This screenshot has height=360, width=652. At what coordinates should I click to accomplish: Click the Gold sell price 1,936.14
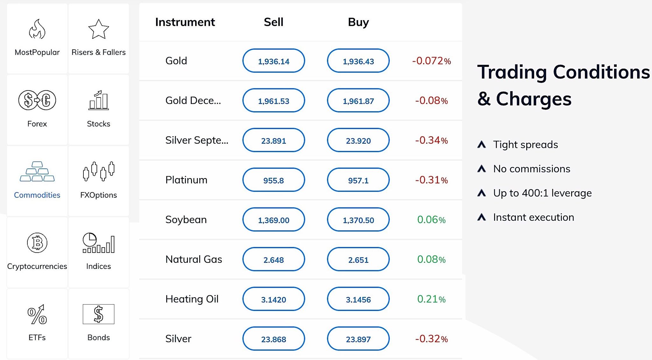point(273,61)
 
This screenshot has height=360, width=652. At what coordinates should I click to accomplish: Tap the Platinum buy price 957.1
point(358,180)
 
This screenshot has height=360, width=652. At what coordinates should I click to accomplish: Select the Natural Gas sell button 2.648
point(273,259)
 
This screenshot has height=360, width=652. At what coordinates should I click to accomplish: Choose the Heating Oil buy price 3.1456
point(358,299)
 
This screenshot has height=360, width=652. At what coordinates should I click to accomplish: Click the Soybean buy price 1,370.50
point(358,220)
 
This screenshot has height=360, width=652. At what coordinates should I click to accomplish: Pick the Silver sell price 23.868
point(273,339)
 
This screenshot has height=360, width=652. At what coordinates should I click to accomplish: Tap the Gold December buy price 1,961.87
point(358,101)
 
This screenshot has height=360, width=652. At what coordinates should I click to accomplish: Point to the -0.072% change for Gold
point(431,61)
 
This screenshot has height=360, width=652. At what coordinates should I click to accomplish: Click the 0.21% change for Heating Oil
point(431,299)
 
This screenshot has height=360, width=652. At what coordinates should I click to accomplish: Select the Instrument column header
point(185,22)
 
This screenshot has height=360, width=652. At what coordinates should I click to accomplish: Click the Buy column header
point(358,22)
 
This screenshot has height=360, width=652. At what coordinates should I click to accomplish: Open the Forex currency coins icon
point(37,100)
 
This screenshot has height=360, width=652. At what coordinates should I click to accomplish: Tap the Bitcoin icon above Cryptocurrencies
point(37,243)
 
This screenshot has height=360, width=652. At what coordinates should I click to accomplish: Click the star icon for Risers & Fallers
point(98,29)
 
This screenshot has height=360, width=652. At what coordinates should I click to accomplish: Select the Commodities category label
point(37,195)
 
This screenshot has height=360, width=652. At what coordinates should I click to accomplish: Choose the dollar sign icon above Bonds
point(98,314)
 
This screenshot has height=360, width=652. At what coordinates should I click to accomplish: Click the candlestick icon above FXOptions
point(98,171)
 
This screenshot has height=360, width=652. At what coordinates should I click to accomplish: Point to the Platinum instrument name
point(186,180)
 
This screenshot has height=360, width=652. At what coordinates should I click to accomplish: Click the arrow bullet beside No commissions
point(482,169)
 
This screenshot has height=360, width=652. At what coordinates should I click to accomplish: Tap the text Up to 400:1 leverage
point(542,193)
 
